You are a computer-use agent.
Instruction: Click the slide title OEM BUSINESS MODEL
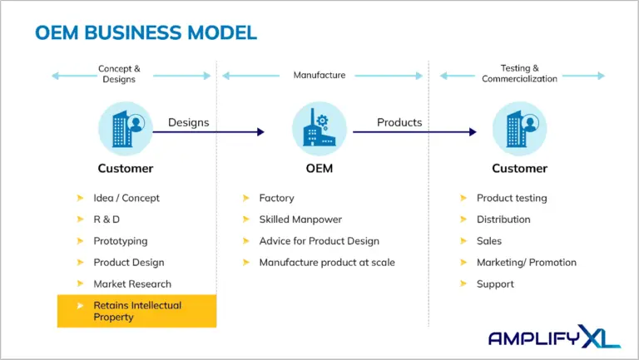pos(146,32)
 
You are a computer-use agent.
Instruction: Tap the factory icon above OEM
pos(319,130)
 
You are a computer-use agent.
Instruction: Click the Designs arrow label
pos(188,122)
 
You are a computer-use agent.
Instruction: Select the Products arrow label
pos(399,122)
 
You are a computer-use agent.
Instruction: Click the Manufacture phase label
pos(319,75)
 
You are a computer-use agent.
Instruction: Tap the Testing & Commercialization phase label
pos(519,74)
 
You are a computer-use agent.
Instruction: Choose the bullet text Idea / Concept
pos(126,198)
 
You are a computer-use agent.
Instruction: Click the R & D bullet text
pos(107,219)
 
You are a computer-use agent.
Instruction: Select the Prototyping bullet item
pos(121,241)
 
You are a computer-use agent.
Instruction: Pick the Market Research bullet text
pos(132,284)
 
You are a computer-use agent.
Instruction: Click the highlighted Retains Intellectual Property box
pos(136,311)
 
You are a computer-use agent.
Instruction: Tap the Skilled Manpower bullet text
pos(300,219)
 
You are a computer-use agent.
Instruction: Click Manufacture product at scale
pos(327,263)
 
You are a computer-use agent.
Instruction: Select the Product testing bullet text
pos(512,198)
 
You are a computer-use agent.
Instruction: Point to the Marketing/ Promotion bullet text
pos(526,263)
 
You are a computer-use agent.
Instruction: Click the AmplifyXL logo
pos(552,337)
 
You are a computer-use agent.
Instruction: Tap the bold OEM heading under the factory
pos(319,168)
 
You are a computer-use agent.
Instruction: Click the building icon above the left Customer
pos(126,130)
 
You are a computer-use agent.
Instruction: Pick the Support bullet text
pos(495,284)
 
